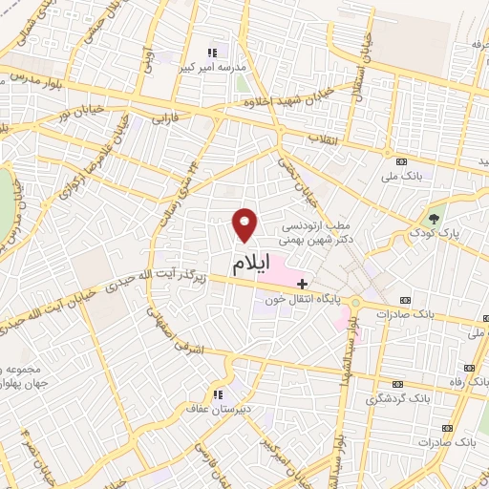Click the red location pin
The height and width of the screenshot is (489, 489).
(246, 224)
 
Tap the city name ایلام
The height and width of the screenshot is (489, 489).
(250, 261)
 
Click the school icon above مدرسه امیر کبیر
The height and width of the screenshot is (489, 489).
(213, 53)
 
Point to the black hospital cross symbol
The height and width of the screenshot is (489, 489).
(303, 284)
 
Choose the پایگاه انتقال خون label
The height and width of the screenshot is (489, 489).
(305, 299)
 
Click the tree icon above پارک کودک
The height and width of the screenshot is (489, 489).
(436, 218)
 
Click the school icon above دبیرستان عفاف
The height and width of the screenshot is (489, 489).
(218, 393)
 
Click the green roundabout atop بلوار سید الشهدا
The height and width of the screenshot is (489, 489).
(354, 303)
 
